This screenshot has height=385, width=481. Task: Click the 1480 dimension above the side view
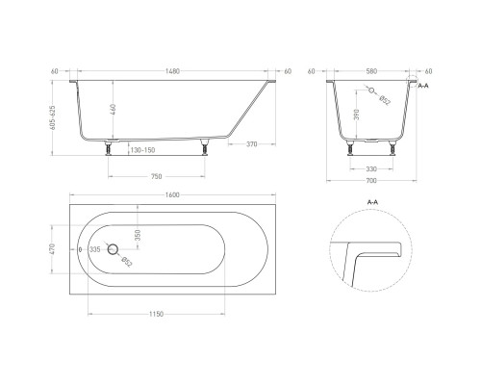[x=172, y=71]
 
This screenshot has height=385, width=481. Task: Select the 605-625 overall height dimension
[x=53, y=117]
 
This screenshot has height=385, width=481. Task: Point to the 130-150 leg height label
[x=142, y=150]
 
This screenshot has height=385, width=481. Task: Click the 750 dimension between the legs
[x=156, y=176]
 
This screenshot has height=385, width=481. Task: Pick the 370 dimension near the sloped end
[x=252, y=144]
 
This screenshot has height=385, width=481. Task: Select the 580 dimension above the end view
[x=371, y=71]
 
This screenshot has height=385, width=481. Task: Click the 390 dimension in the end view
[x=357, y=115]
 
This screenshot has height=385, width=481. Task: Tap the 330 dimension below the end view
[x=371, y=168]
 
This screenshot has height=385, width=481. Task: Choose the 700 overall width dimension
[x=371, y=181]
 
